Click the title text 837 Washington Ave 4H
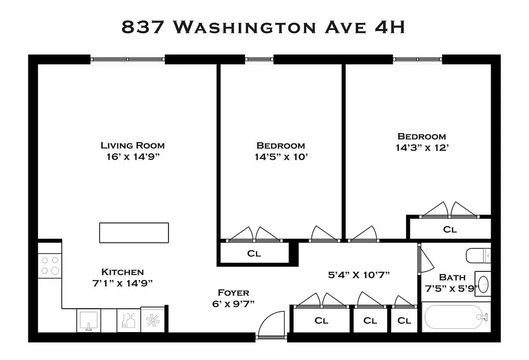point(263,27)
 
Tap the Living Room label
point(132,145)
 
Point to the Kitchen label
point(122,272)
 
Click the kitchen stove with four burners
point(50,265)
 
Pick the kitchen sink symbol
point(88,320)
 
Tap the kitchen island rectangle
point(134,233)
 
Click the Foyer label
point(233,292)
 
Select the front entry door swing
point(272,323)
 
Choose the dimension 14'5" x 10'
point(280,157)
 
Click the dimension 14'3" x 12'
point(421,148)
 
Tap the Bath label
point(452,277)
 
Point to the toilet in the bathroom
point(478,256)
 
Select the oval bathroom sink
point(483,284)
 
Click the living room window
point(127,59)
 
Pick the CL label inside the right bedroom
point(450,229)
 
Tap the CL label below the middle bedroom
point(254,253)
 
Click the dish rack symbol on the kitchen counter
point(128,320)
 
